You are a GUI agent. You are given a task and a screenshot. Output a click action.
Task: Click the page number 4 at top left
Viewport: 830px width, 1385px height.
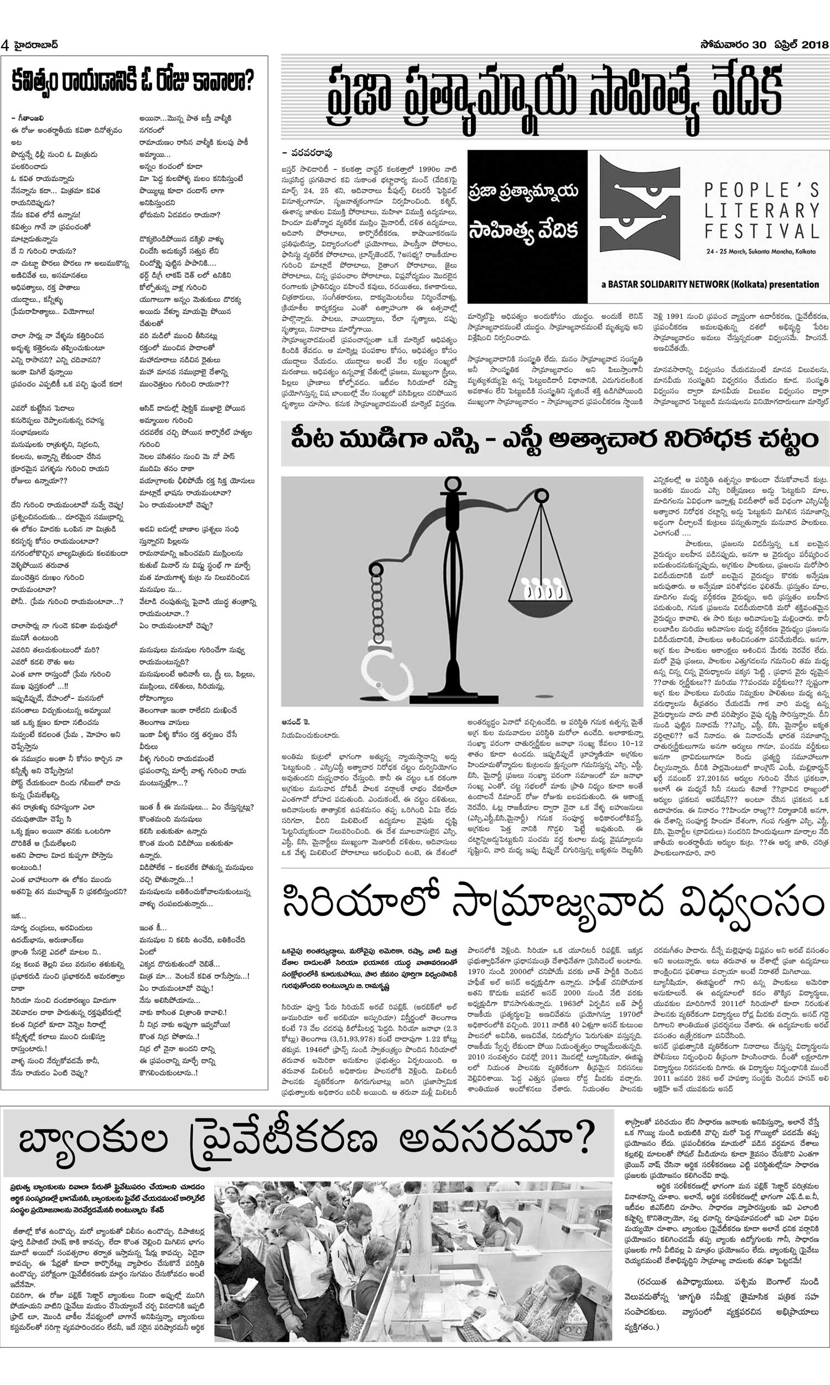pyautogui.click(x=6, y=45)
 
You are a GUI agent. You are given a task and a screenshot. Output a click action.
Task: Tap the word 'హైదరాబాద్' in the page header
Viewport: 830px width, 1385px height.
pyautogui.click(x=34, y=45)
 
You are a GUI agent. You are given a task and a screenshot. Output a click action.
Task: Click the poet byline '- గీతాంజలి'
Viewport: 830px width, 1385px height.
pyautogui.click(x=27, y=118)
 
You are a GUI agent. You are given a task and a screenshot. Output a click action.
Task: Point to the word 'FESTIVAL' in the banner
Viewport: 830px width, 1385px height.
pyautogui.click(x=761, y=230)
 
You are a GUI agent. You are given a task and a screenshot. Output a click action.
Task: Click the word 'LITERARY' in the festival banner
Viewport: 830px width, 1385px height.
pyautogui.click(x=761, y=210)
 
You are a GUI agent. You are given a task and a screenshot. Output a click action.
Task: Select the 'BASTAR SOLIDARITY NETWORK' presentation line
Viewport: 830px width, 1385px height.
pyautogui.click(x=710, y=284)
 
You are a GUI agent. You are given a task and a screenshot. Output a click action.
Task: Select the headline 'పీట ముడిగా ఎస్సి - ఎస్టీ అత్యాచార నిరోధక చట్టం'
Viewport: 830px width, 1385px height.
pyautogui.click(x=554, y=440)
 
